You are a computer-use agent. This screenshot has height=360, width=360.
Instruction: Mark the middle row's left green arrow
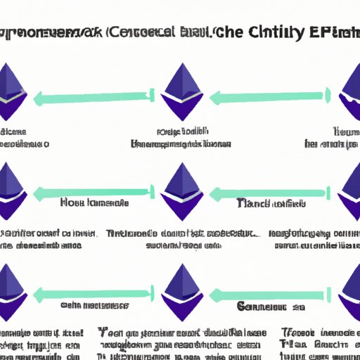tap(91, 191)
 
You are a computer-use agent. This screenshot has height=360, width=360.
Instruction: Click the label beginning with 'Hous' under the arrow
tap(94, 203)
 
